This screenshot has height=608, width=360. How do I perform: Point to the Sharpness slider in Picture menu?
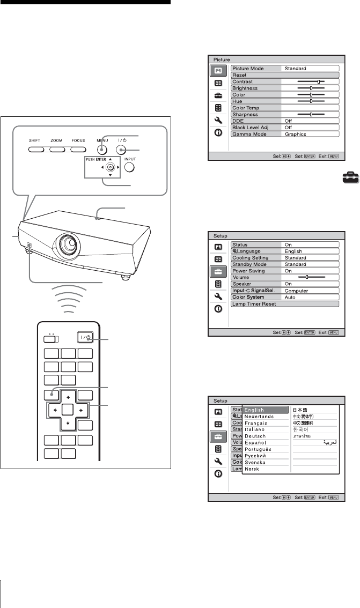[311, 114]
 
